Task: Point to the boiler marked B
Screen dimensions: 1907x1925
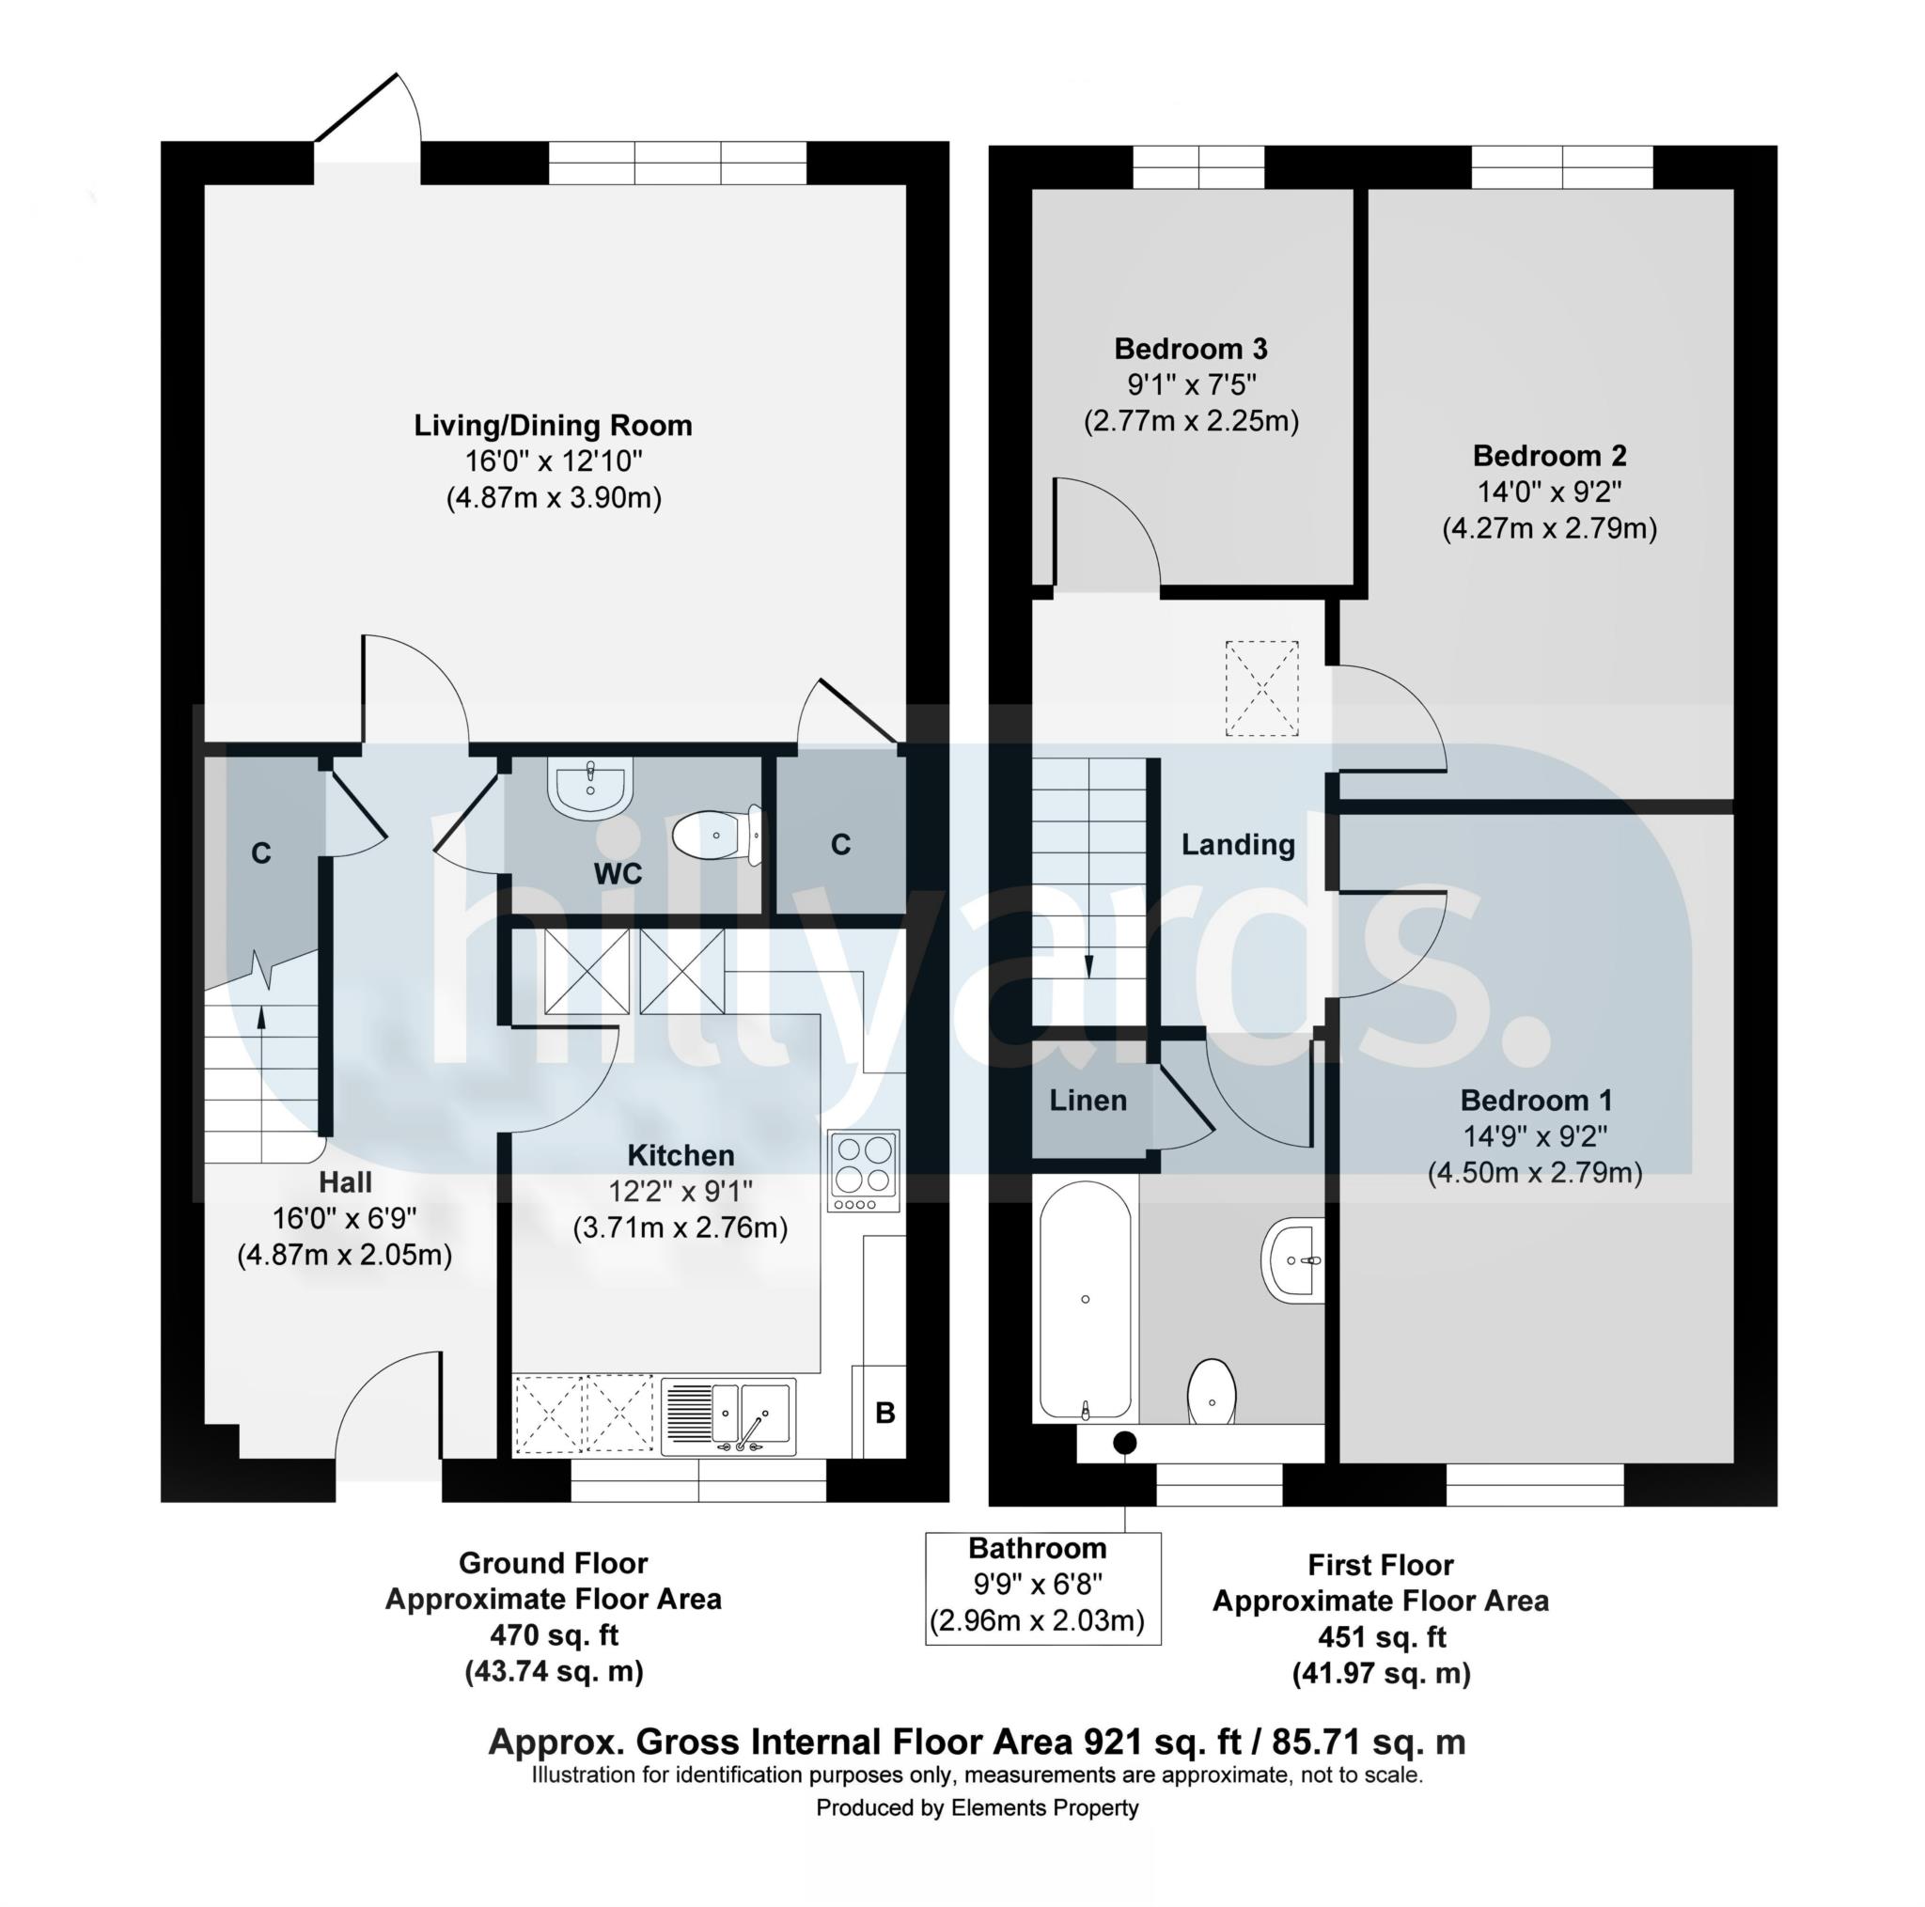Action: click(x=884, y=1412)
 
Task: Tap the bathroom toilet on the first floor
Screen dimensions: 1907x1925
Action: click(x=1212, y=1393)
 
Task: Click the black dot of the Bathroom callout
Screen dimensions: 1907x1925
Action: click(x=1125, y=1442)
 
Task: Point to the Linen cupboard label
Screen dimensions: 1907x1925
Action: click(x=1088, y=1100)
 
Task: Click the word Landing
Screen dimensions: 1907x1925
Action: click(x=1238, y=845)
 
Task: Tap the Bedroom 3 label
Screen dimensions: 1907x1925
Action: click(x=1191, y=349)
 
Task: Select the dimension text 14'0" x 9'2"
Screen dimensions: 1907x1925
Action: click(x=1549, y=492)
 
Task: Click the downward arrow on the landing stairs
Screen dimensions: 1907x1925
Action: click(x=1088, y=964)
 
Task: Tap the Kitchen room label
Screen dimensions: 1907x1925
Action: click(x=681, y=1155)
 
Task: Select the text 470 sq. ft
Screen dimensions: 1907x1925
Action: click(x=554, y=1635)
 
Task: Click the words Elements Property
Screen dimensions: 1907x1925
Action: click(x=1044, y=1807)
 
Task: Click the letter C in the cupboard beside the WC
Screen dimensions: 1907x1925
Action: click(x=841, y=845)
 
